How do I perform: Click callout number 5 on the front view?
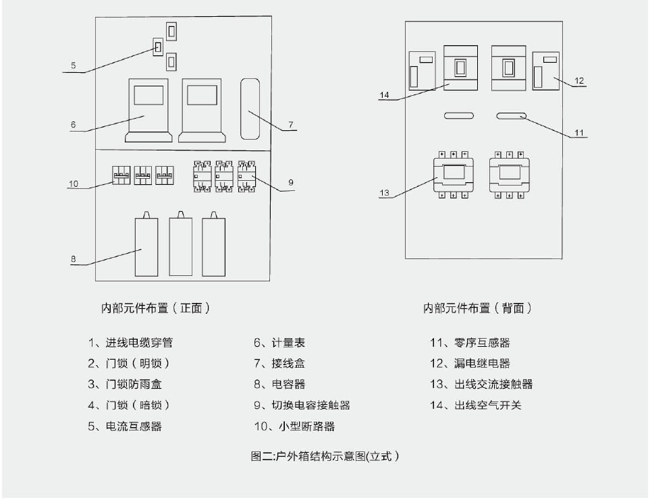[74, 65]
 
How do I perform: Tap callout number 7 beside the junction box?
[291, 124]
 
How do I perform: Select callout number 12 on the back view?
[579, 80]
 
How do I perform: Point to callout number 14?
[384, 95]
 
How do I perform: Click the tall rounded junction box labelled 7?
[250, 109]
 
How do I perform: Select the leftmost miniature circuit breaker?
[121, 175]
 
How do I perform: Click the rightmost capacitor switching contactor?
[246, 177]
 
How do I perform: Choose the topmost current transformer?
[171, 32]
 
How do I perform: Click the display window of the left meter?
[148, 95]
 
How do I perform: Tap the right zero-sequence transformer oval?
[511, 115]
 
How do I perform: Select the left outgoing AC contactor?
[453, 175]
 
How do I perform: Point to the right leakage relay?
[545, 71]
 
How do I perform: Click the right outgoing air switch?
[509, 68]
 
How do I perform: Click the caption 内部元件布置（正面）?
[155, 308]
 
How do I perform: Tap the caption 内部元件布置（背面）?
[477, 308]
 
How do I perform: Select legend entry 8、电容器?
[279, 385]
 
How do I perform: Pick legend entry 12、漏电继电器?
[470, 364]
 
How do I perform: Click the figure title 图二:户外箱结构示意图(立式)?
[325, 456]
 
